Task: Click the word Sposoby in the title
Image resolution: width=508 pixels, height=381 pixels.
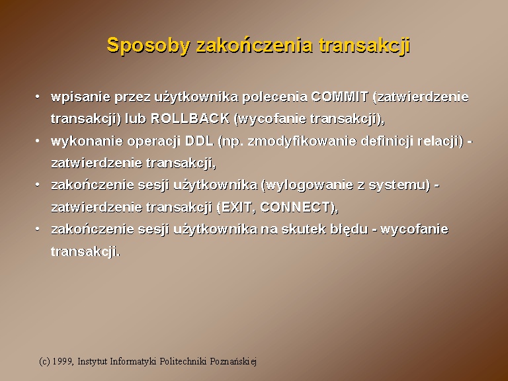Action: coord(148,46)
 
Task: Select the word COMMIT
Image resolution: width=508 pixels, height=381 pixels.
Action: coord(340,97)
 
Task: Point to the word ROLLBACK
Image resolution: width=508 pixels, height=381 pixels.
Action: coord(190,118)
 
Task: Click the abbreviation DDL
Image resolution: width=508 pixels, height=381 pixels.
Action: coord(199,141)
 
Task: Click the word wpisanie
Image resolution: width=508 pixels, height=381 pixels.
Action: coord(80,97)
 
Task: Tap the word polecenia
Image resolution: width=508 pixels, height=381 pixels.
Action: coord(275,97)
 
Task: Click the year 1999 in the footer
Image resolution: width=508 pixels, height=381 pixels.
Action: coord(63,361)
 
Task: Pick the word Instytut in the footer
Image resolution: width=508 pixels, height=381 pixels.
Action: coord(93,362)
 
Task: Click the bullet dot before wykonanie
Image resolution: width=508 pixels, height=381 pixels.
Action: coord(38,141)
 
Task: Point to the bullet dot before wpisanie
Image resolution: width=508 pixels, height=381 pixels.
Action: coord(38,96)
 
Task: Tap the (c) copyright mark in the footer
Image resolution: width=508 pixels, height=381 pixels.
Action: coord(44,362)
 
